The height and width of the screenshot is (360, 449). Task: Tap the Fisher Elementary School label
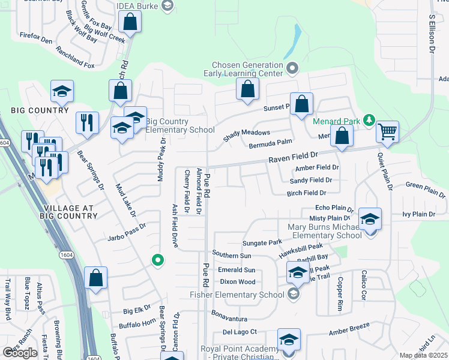[237, 294]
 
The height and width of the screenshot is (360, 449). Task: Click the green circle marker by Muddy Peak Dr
[157, 260]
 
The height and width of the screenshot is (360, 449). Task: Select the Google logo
[20, 352]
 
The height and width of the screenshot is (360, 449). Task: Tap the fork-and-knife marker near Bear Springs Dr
[87, 122]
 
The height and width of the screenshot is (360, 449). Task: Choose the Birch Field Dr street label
[306, 193]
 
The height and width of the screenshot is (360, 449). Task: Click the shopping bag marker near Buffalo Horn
[95, 278]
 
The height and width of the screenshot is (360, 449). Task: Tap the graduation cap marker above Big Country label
[62, 91]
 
